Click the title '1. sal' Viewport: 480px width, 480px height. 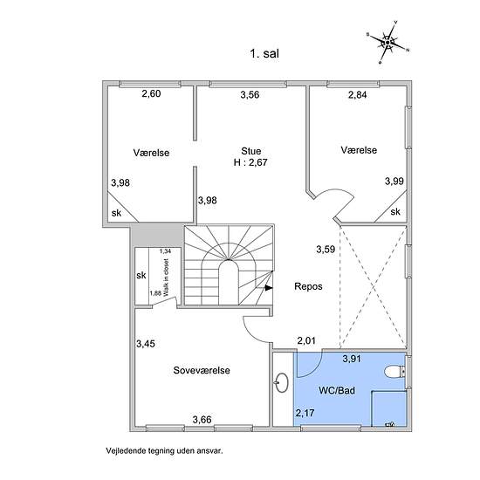click(264, 54)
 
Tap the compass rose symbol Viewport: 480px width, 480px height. click(387, 42)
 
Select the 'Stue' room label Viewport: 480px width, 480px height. click(251, 151)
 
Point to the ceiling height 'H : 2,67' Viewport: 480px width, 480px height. click(250, 162)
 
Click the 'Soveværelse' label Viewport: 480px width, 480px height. click(202, 370)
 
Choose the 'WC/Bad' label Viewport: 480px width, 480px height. click(337, 390)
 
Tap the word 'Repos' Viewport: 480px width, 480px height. click(308, 286)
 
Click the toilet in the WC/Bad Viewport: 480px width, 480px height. click(395, 372)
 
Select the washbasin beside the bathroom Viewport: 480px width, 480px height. click(282, 382)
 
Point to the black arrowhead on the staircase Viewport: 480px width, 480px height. click(269, 288)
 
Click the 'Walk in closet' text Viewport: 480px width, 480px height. click(166, 278)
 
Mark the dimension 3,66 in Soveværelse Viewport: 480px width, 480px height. click(202, 419)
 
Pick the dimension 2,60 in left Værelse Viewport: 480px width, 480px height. click(151, 93)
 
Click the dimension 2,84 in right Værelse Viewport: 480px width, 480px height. click(357, 94)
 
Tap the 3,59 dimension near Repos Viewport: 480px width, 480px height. click(326, 250)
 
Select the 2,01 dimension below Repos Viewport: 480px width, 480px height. click(306, 340)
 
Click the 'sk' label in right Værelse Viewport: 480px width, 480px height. click(395, 211)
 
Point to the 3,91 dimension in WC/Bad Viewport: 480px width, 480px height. click(352, 359)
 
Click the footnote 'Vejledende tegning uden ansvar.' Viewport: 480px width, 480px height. click(164, 450)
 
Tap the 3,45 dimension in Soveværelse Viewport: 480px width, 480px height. click(146, 344)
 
